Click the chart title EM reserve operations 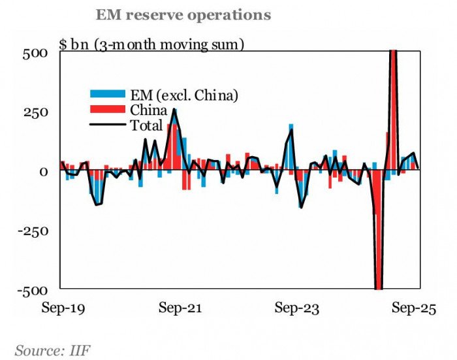pos(183,14)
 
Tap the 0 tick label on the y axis pos(43,171)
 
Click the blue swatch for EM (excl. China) pos(108,95)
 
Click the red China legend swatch pos(108,110)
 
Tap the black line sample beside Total pos(108,125)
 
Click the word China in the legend pos(149,110)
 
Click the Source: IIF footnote pos(52,351)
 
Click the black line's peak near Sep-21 pos(174,110)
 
